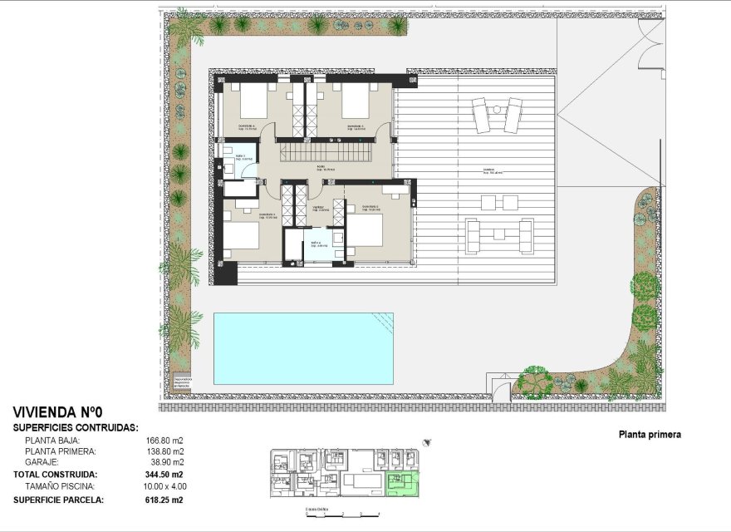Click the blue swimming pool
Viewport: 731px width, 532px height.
[x=303, y=347]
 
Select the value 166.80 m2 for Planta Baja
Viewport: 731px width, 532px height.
[x=164, y=441]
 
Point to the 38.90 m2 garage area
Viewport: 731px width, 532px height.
[x=167, y=462]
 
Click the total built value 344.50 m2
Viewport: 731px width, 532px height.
[x=164, y=474]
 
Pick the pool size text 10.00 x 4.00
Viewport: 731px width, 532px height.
[x=164, y=485]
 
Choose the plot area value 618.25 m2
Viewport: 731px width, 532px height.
[x=164, y=500]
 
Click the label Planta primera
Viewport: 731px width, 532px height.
[x=650, y=434]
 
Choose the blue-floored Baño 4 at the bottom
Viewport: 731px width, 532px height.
[x=316, y=247]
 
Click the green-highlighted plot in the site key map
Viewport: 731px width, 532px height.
[x=404, y=485]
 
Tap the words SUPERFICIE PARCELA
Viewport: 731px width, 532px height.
[x=57, y=500]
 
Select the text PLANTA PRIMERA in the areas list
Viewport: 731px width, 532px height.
[x=61, y=451]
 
